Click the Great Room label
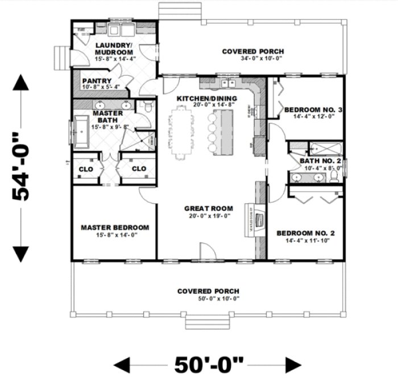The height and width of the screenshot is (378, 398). point(206,208)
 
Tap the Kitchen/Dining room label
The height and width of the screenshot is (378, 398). point(206,98)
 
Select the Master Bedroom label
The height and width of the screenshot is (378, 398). point(115,228)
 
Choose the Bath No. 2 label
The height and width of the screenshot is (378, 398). point(320,162)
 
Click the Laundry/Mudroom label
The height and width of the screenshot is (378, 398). point(114,45)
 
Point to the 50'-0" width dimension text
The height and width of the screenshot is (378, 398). point(207,363)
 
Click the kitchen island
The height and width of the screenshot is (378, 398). point(223,132)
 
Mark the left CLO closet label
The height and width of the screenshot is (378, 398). point(85,169)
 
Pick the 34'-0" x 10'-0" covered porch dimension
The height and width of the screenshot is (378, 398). point(253,59)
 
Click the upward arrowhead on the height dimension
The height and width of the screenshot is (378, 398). point(21,84)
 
